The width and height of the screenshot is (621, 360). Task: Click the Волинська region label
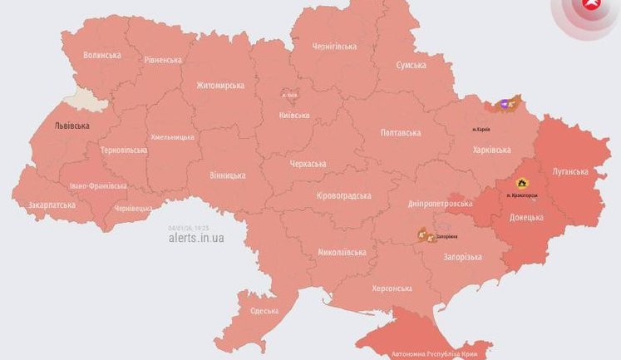(x=101, y=55)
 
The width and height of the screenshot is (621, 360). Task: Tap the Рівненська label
(x=162, y=60)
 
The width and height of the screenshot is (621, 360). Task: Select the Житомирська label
(x=220, y=85)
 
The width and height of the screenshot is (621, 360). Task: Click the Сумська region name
(x=411, y=65)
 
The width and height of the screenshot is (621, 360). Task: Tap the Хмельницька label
(x=172, y=137)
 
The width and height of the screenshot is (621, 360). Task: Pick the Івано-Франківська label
(x=98, y=185)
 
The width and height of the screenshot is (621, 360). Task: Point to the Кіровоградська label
(x=343, y=195)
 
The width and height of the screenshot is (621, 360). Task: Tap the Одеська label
(x=264, y=311)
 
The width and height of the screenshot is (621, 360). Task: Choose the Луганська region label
(x=569, y=172)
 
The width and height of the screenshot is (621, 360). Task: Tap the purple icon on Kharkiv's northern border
(x=504, y=105)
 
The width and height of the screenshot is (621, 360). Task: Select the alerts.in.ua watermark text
(x=195, y=237)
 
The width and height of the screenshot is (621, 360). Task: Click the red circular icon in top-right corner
(x=591, y=5)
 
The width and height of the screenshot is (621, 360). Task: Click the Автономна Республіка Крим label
(x=443, y=353)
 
